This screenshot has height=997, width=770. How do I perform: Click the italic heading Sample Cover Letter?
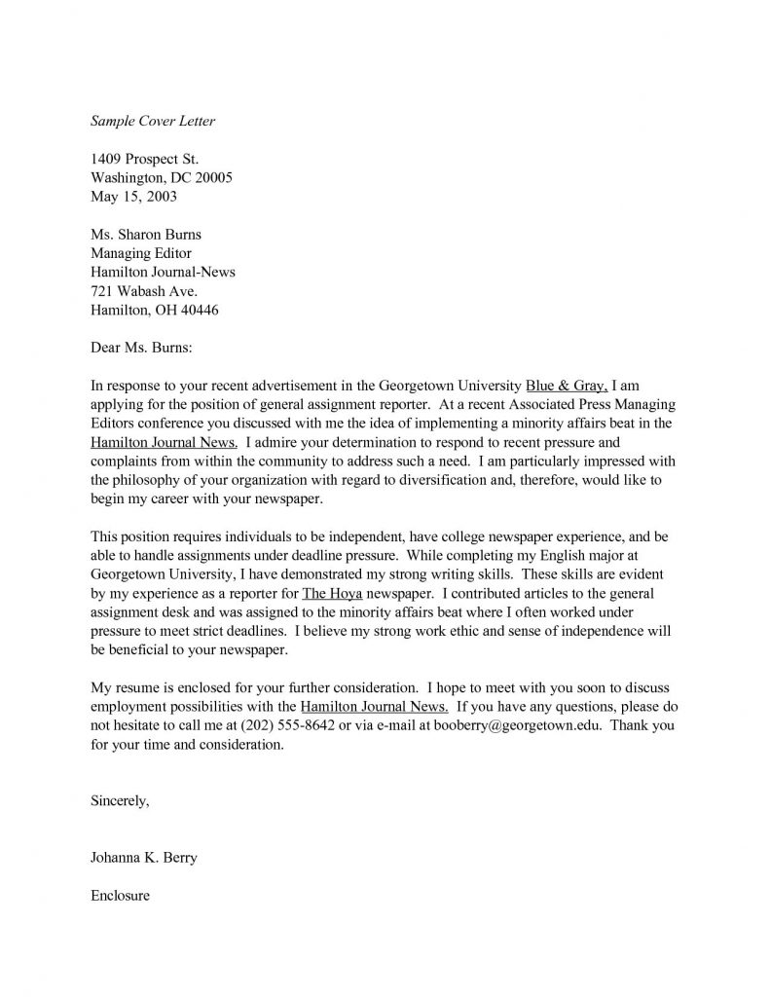(x=152, y=122)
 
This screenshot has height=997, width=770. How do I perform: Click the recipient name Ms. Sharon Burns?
(x=146, y=235)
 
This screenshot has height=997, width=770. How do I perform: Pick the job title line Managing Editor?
(x=142, y=253)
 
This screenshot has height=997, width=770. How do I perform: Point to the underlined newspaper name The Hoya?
(x=331, y=592)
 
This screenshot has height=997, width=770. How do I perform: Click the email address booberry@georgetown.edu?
(x=516, y=724)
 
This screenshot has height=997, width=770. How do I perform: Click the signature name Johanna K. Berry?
(x=150, y=858)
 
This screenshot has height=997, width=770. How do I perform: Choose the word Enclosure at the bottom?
(x=120, y=895)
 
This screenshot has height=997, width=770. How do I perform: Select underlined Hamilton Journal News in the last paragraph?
(x=375, y=706)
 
